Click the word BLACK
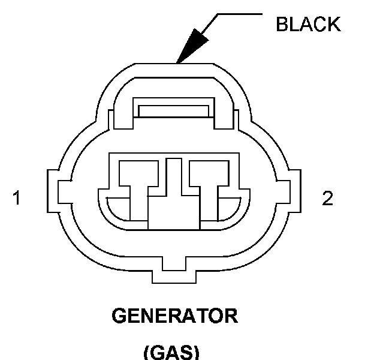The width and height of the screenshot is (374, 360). (x=307, y=24)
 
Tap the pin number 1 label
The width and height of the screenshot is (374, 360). (x=17, y=198)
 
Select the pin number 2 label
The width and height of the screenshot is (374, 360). (x=327, y=198)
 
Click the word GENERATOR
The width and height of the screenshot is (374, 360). (x=174, y=316)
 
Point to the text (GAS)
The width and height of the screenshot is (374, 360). (x=171, y=352)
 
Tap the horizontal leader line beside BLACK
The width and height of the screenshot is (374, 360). (x=240, y=13)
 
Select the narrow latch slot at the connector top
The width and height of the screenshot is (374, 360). (x=173, y=111)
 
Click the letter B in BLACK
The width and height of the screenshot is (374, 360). (x=282, y=24)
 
